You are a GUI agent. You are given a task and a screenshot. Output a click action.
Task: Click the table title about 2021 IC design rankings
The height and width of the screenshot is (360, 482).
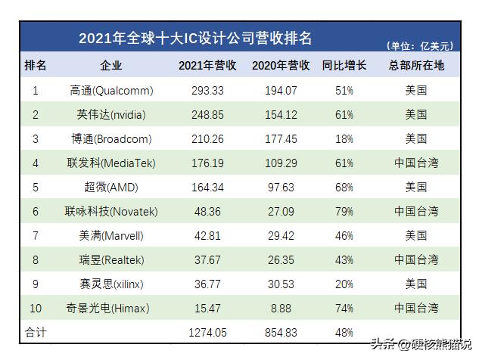[x=195, y=39]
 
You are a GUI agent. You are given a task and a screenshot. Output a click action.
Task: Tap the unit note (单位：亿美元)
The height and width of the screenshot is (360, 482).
[x=420, y=45]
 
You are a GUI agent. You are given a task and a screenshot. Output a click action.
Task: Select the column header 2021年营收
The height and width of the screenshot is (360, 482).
[x=207, y=66]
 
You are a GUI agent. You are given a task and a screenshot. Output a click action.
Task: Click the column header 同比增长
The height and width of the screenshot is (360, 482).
[x=344, y=66]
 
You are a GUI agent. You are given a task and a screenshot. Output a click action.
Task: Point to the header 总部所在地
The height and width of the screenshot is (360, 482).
[x=415, y=66]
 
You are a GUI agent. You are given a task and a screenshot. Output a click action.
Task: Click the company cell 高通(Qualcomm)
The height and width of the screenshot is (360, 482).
[x=110, y=91]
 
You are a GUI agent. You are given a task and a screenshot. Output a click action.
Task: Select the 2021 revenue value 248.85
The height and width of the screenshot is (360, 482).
[x=207, y=115]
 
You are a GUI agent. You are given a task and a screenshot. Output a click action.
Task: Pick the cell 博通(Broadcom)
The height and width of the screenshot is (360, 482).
[x=110, y=139]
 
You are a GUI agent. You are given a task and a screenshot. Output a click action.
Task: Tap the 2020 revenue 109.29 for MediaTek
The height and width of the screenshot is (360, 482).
[x=280, y=163]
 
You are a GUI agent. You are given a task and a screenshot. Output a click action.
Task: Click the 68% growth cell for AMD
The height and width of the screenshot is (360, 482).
[x=344, y=187]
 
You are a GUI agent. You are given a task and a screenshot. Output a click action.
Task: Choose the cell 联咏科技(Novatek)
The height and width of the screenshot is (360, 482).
[x=110, y=211]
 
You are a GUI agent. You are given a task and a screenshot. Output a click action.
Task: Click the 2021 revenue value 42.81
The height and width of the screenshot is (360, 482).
[x=207, y=235]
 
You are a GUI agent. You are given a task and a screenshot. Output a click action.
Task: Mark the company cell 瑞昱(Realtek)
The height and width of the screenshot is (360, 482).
[x=110, y=259]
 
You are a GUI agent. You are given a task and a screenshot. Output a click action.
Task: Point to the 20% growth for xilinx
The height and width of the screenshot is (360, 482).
[x=344, y=284]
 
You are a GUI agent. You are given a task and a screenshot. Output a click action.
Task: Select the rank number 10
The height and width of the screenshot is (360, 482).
[x=36, y=308]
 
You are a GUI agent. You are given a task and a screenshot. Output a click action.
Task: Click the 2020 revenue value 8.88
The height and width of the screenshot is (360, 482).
[x=280, y=308]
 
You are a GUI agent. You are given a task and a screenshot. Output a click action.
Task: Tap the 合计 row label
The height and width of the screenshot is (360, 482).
[x=36, y=331]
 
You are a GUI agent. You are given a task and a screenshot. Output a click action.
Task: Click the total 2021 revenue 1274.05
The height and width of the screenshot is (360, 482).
[x=207, y=331]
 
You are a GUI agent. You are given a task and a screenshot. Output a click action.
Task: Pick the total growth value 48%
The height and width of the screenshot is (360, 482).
[x=344, y=331]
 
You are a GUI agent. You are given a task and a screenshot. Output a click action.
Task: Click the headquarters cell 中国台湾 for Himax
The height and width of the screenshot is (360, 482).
[x=415, y=308]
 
